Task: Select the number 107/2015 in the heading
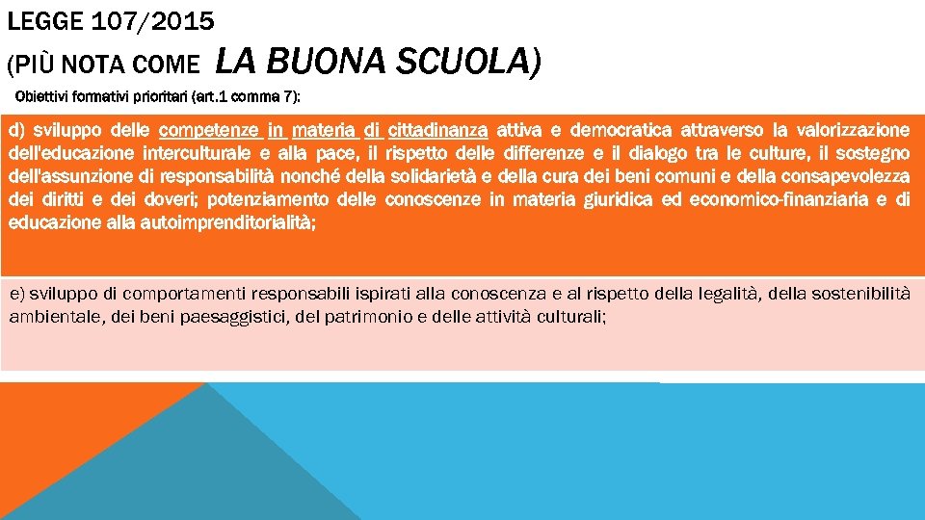point(154,20)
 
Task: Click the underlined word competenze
point(209,130)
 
